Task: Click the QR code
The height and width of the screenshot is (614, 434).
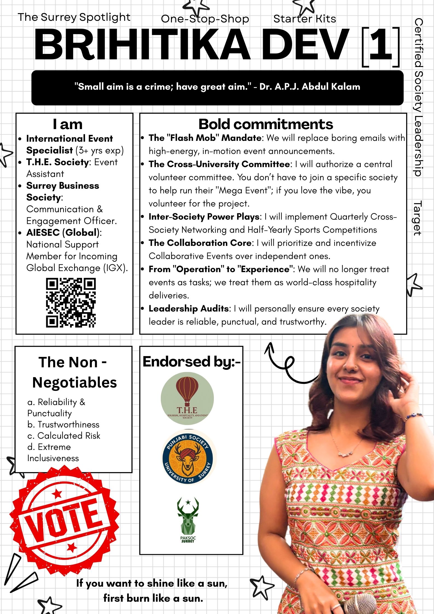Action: coord(71,302)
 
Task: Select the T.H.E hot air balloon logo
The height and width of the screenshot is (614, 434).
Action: coord(187,398)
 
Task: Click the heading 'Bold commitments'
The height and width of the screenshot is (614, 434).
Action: coord(266,124)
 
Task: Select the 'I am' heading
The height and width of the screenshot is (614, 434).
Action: coord(68,124)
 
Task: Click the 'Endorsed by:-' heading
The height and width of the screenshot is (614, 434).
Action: coord(191,362)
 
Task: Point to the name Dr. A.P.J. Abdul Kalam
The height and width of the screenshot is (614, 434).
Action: coord(310,87)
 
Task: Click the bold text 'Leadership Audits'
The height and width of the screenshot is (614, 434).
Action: coord(189,309)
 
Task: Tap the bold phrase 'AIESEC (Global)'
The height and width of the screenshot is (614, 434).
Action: coord(63,232)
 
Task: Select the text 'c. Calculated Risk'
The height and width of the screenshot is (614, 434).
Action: coord(64,435)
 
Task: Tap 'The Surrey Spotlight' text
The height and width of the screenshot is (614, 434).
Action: coord(74,17)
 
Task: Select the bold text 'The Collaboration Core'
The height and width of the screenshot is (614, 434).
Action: coord(200,243)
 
